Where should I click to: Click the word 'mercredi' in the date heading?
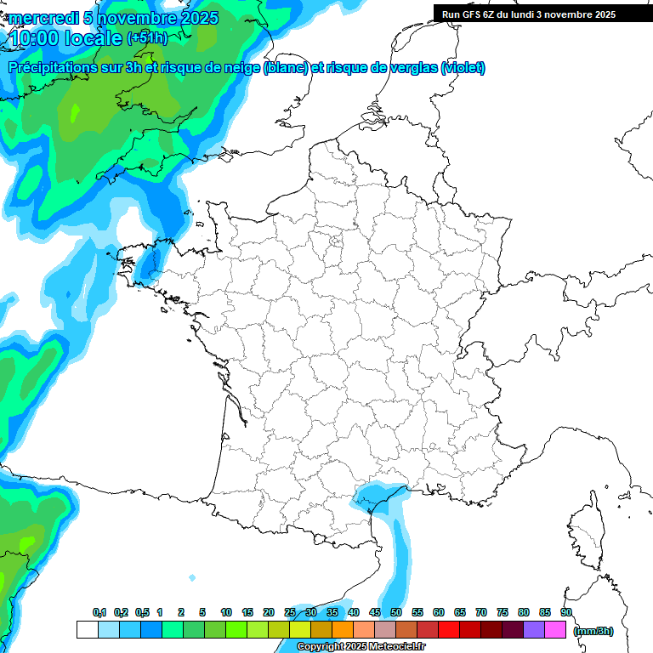(43, 18)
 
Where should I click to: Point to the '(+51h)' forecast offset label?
(147, 38)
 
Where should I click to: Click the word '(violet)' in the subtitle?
(463, 68)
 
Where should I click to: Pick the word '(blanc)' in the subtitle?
(286, 68)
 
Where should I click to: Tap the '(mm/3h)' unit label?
(593, 631)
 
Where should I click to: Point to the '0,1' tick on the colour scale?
(99, 613)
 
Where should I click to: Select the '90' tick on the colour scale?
(566, 613)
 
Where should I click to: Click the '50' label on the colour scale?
(396, 613)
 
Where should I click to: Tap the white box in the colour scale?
(87, 630)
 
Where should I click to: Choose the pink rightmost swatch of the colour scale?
(555, 630)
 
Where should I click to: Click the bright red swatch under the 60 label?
(449, 630)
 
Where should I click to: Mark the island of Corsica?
(587, 531)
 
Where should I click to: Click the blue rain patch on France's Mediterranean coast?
(378, 497)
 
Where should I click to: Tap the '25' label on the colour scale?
(290, 613)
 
